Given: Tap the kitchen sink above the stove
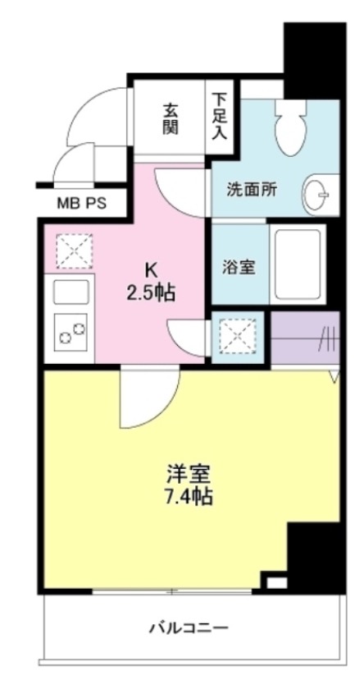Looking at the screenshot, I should (71, 292).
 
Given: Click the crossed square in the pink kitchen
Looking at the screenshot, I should (71, 250).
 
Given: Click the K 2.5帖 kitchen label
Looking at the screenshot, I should (150, 281).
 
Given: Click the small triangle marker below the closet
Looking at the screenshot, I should (334, 377).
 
